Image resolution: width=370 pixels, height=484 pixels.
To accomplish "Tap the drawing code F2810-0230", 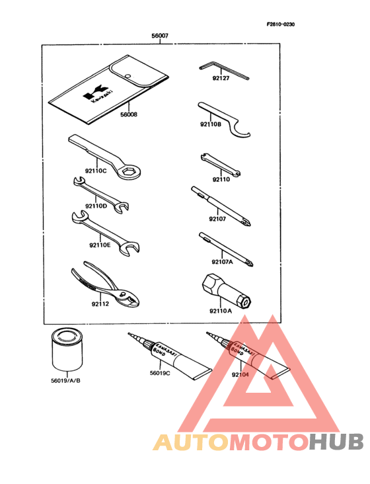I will tap(281, 24).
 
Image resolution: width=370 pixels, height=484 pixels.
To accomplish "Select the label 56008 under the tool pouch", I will tap(128, 114).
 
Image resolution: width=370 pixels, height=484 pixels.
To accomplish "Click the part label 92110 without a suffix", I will tap(221, 179).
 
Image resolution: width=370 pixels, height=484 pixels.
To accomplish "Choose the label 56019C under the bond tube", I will tap(160, 374).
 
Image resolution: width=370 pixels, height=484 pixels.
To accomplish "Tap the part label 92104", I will tap(240, 375).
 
